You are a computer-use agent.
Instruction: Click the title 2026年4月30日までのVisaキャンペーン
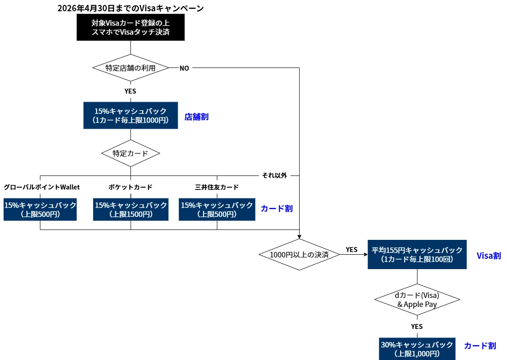click(130, 8)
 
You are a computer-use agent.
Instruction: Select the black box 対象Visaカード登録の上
click(130, 27)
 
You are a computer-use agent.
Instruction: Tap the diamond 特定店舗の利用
click(130, 68)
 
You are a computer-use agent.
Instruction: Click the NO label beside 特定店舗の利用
click(184, 68)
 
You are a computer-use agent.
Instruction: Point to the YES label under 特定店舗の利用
click(130, 91)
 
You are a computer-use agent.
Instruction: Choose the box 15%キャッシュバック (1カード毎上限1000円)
click(130, 116)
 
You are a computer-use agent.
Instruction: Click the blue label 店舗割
click(197, 117)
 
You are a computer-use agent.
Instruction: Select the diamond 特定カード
click(130, 153)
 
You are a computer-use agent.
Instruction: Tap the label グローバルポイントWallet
click(42, 187)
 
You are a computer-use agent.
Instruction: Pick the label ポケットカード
click(130, 187)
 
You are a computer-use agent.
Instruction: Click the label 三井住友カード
click(217, 187)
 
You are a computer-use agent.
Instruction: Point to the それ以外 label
click(274, 175)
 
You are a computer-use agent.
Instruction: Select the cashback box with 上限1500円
click(131, 209)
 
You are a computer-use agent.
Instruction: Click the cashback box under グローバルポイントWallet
click(40, 209)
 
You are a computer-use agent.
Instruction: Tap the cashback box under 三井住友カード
click(217, 209)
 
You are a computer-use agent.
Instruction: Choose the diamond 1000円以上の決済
click(299, 254)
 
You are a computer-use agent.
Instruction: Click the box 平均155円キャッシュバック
click(417, 255)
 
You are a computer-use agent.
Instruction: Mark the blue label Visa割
click(489, 256)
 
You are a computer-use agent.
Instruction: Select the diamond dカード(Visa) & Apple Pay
click(417, 300)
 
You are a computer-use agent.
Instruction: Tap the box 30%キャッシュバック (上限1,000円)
click(417, 349)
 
